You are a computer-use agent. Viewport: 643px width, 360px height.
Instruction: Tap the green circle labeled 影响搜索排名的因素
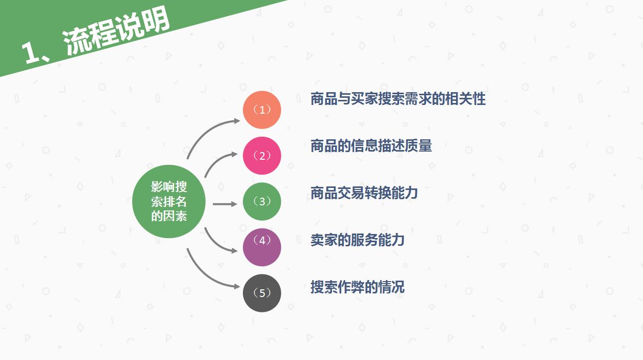[x=169, y=201]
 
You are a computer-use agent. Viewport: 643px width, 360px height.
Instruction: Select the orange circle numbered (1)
[x=262, y=110]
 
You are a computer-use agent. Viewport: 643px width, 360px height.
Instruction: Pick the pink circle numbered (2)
[x=262, y=156]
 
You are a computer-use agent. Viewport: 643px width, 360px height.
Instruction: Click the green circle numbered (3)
[x=262, y=201]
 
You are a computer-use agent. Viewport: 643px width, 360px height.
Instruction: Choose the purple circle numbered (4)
[x=262, y=247]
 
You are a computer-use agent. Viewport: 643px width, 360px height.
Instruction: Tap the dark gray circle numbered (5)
[x=262, y=293]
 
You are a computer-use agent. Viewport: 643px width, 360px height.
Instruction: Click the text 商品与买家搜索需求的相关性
[x=398, y=99]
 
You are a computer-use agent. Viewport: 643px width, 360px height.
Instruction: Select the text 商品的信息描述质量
[x=371, y=146]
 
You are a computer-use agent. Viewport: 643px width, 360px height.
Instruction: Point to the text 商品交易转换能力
[x=364, y=193]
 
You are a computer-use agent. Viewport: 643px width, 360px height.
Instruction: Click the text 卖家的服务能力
[x=357, y=240]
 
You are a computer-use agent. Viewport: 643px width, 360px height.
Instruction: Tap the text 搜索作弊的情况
[x=357, y=287]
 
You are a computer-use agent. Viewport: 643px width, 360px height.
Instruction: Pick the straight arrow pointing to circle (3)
[x=225, y=204]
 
